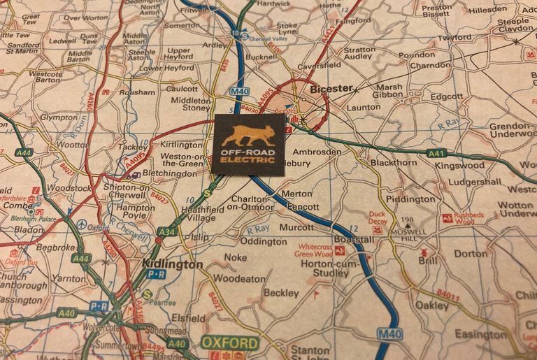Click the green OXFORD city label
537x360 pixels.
pyautogui.click(x=230, y=343)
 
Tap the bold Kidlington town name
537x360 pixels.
pyautogui.click(x=172, y=264)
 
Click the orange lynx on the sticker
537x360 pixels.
pyautogui.click(x=248, y=136)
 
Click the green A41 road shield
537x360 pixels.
pyautogui.click(x=436, y=152)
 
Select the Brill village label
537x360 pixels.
pyautogui.click(x=427, y=259)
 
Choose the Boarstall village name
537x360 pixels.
pyautogui.click(x=355, y=239)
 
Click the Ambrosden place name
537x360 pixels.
pyautogui.click(x=317, y=152)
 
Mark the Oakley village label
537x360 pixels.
pyautogui.click(x=431, y=305)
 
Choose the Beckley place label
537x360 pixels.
pyautogui.click(x=282, y=293)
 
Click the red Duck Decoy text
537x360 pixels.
pyautogui.click(x=377, y=219)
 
